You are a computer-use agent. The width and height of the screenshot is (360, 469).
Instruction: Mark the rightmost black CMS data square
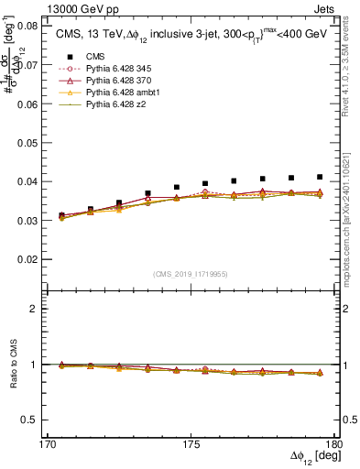click(x=320, y=177)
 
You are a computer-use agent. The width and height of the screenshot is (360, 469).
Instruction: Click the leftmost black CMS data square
click(x=61, y=215)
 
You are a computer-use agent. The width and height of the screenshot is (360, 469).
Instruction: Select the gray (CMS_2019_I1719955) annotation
click(x=190, y=273)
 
